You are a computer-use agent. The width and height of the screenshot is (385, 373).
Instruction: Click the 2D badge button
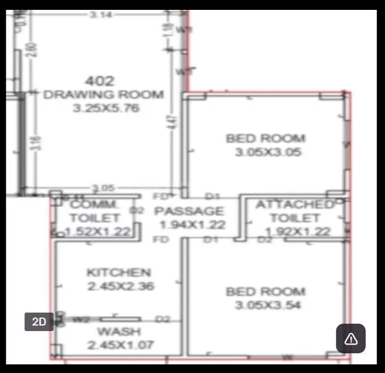39,322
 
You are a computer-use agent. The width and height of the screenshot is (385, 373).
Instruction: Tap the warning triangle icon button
350,338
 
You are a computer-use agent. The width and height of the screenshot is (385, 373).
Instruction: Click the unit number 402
99,80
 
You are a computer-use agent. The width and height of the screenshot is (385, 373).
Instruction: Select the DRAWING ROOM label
104,94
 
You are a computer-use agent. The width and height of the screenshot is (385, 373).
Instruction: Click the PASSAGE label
193,211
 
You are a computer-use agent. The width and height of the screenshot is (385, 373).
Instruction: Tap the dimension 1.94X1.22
192,225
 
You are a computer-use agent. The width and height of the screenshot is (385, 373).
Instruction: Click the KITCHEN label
119,272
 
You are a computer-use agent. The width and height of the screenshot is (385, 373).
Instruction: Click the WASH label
119,332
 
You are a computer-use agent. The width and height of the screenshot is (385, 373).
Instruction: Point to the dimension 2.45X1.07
121,345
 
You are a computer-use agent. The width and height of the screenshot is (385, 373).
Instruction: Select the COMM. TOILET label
95,211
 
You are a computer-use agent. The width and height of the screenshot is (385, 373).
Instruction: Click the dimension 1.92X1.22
298,232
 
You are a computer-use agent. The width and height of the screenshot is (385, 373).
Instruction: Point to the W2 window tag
82,319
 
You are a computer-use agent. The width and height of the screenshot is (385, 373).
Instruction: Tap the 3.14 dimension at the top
101,15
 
